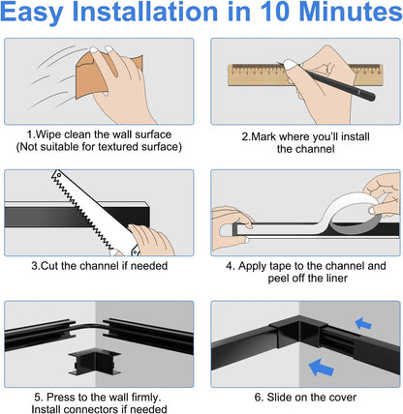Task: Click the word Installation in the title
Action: click(145, 12)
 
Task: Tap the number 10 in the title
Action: click(274, 12)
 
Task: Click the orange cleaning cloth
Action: click(94, 77)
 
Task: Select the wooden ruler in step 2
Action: click(305, 74)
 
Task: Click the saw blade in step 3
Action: click(84, 210)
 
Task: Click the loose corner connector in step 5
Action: click(94, 363)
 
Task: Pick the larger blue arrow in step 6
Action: click(321, 368)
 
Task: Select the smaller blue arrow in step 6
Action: click(363, 323)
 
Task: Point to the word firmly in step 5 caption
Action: click(146, 397)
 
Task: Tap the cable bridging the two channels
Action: click(88, 327)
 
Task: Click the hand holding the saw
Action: click(151, 240)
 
